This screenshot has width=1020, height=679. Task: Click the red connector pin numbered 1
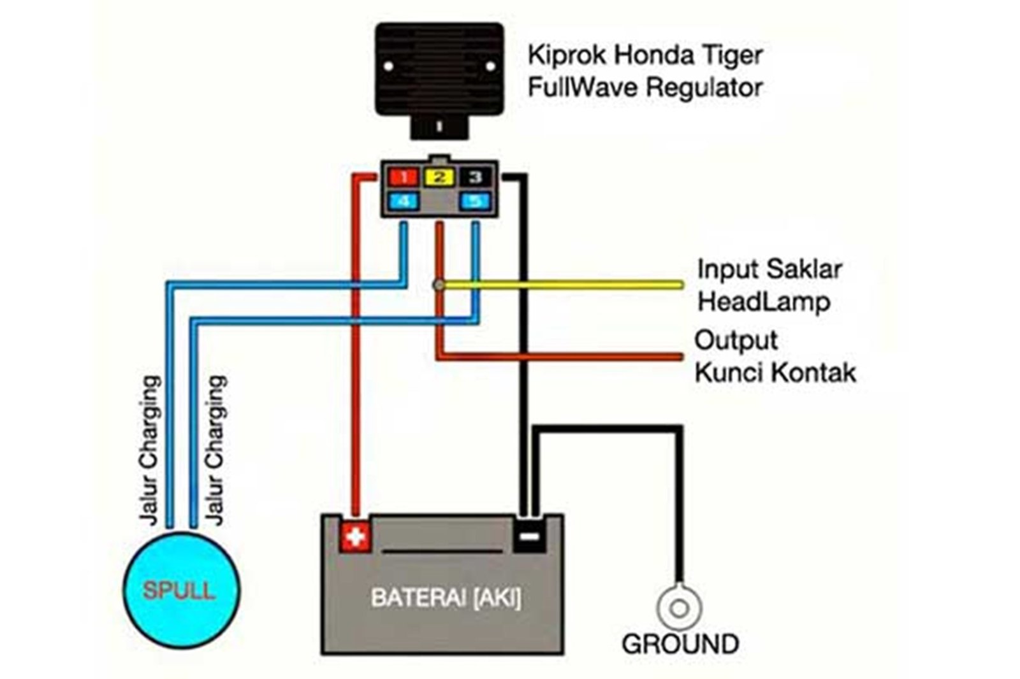pyautogui.click(x=403, y=177)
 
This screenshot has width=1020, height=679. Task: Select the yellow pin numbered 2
pyautogui.click(x=439, y=177)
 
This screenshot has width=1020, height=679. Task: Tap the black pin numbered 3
pyautogui.click(x=476, y=177)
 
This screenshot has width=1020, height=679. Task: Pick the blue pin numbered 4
pyautogui.click(x=403, y=202)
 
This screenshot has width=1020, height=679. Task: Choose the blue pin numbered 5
pyautogui.click(x=476, y=202)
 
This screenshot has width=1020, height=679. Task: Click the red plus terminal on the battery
pyautogui.click(x=355, y=536)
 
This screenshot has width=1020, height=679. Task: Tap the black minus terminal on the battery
pyautogui.click(x=528, y=536)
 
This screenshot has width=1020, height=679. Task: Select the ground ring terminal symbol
pyautogui.click(x=679, y=608)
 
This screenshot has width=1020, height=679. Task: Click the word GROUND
pyautogui.click(x=680, y=644)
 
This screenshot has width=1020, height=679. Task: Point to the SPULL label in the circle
pyautogui.click(x=179, y=590)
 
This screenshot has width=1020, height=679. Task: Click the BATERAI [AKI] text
pyautogui.click(x=446, y=598)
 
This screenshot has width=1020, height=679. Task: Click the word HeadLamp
pyautogui.click(x=764, y=301)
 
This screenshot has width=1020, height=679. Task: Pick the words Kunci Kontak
pyautogui.click(x=775, y=372)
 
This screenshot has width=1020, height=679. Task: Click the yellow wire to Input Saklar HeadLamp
pyautogui.click(x=574, y=285)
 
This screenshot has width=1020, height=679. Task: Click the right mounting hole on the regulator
pyautogui.click(x=490, y=66)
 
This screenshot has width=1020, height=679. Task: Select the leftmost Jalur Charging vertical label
pyautogui.click(x=149, y=450)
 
